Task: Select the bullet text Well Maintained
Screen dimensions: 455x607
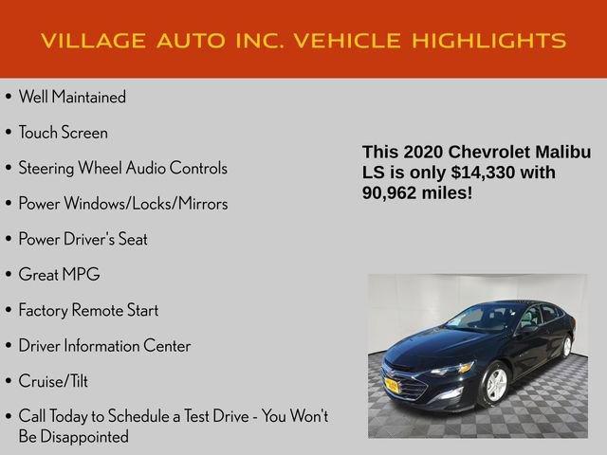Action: [72, 97]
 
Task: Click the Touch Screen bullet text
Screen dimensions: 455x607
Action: [63, 133]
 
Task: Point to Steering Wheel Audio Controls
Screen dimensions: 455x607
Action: [122, 168]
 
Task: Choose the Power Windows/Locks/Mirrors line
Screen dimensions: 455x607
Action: [122, 204]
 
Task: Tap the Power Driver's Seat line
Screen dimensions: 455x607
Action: [83, 239]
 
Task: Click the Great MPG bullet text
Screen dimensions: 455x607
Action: [59, 275]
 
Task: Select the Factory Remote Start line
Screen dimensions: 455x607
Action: [88, 310]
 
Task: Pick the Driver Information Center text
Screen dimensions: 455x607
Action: [104, 346]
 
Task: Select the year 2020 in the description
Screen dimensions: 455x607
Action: [426, 153]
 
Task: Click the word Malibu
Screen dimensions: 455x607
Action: [561, 153]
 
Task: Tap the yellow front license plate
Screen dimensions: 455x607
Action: [391, 384]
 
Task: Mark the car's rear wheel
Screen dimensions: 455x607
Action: [566, 346]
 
